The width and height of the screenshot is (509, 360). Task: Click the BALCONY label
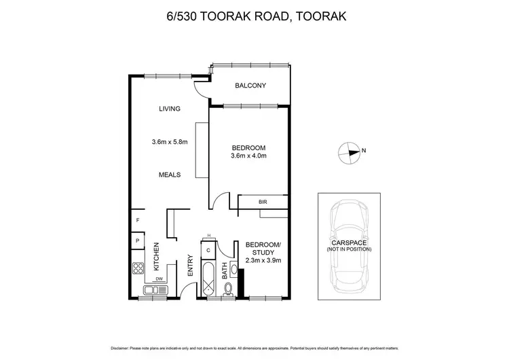pyautogui.click(x=250, y=86)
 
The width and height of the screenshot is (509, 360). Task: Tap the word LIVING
pyautogui.click(x=169, y=109)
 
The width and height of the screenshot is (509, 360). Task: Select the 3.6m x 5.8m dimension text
pyautogui.click(x=169, y=142)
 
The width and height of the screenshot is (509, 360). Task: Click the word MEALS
pyautogui.click(x=169, y=175)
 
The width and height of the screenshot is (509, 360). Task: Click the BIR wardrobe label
pyautogui.click(x=263, y=202)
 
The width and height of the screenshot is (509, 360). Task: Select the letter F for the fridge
pyautogui.click(x=137, y=220)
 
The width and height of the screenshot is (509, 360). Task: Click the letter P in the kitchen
pyautogui.click(x=137, y=240)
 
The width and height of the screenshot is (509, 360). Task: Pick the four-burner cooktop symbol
pyautogui.click(x=138, y=268)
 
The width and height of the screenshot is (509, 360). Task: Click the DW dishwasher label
pyautogui.click(x=159, y=278)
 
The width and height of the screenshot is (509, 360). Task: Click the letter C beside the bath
pyautogui.click(x=209, y=250)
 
